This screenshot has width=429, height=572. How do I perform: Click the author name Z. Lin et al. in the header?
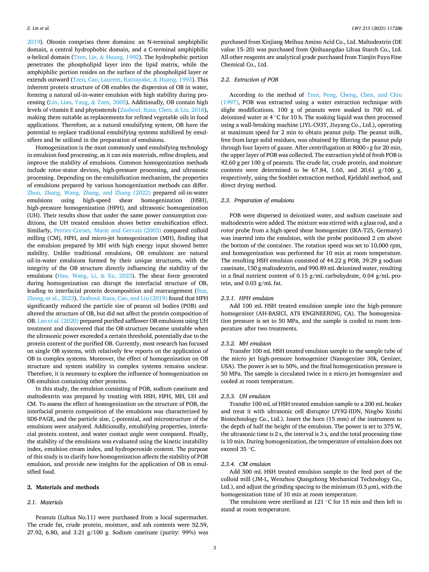point(38,28)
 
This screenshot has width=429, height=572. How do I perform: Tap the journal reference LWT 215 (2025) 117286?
point(377,28)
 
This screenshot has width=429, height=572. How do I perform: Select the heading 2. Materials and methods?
point(63,487)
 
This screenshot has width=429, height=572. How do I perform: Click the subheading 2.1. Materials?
point(45,502)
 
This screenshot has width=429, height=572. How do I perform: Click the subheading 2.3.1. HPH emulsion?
point(247,298)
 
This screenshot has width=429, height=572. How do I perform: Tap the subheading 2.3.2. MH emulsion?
point(246,343)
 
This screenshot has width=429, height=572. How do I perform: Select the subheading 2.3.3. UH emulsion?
point(245,396)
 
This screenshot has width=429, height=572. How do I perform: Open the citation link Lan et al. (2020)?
point(58,321)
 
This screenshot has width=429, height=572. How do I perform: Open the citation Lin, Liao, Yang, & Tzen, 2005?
point(87,102)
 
